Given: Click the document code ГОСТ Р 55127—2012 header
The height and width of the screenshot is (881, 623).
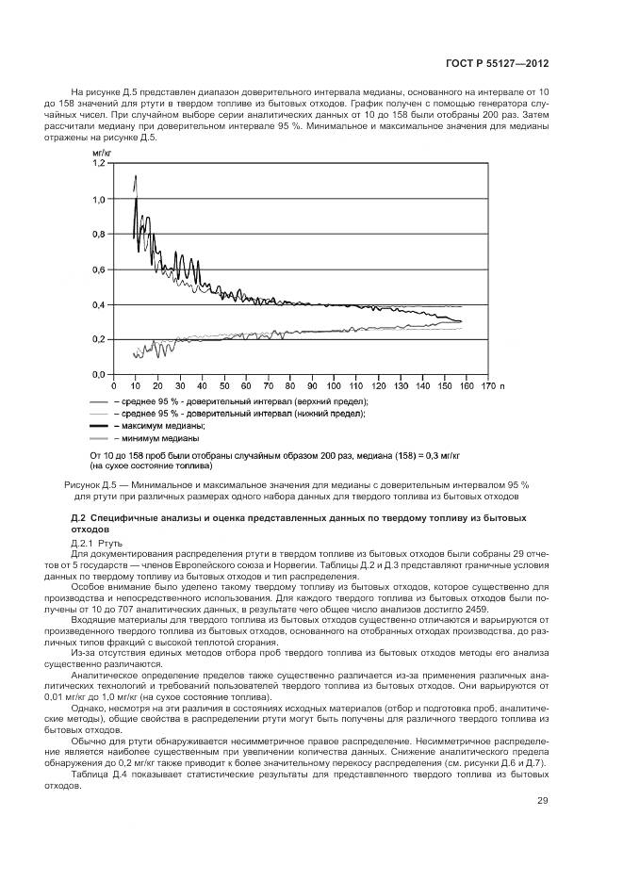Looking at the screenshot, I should pyautogui.click(x=504, y=64).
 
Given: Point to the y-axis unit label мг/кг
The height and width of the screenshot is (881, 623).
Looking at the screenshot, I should pyautogui.click(x=101, y=151).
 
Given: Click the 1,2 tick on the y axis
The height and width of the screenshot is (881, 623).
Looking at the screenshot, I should pyautogui.click(x=98, y=164).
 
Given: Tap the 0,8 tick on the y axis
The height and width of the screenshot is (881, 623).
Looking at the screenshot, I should pyautogui.click(x=98, y=234).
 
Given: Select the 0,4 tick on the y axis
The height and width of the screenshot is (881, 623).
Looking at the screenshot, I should pyautogui.click(x=98, y=304).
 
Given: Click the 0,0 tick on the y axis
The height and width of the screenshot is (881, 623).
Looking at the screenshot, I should pyautogui.click(x=98, y=374).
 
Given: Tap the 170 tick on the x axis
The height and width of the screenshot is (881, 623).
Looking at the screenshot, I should pyautogui.click(x=487, y=386).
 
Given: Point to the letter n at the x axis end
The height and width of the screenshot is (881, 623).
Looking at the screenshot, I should pyautogui.click(x=503, y=386).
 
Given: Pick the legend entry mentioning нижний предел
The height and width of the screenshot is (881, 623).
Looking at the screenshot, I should pyautogui.click(x=238, y=415).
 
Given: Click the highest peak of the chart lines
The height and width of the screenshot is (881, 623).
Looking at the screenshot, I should pyautogui.click(x=136, y=176).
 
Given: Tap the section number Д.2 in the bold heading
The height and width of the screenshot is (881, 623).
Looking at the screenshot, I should pyautogui.click(x=79, y=519).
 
